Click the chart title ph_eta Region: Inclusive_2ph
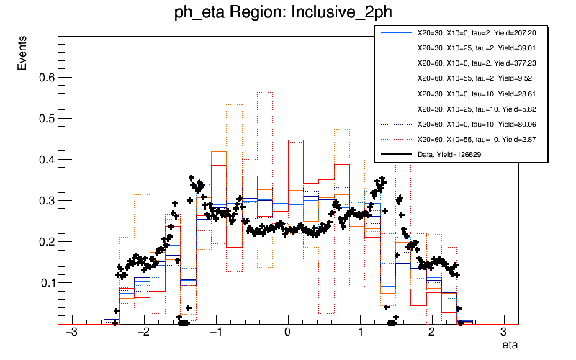(x=287, y=13)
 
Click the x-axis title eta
(x=510, y=346)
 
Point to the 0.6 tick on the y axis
(x=44, y=77)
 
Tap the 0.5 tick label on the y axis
(x=44, y=118)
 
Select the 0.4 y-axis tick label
(x=44, y=159)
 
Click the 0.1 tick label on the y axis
(x=44, y=282)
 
